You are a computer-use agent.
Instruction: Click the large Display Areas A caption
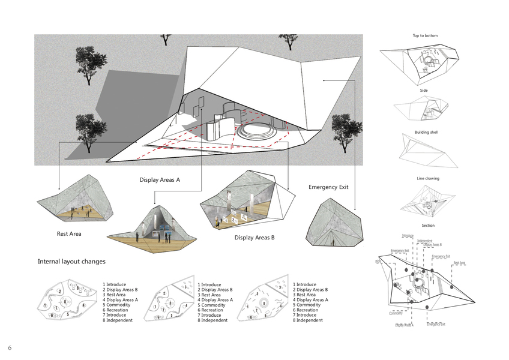click(x=160, y=180)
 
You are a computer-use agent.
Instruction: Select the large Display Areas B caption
click(x=254, y=238)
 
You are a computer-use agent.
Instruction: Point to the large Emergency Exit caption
click(x=328, y=187)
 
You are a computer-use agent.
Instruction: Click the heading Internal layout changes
click(x=71, y=262)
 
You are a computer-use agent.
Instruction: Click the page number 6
click(x=10, y=348)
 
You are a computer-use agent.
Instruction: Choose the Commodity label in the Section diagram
click(x=396, y=313)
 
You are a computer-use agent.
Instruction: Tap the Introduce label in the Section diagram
click(x=408, y=236)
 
